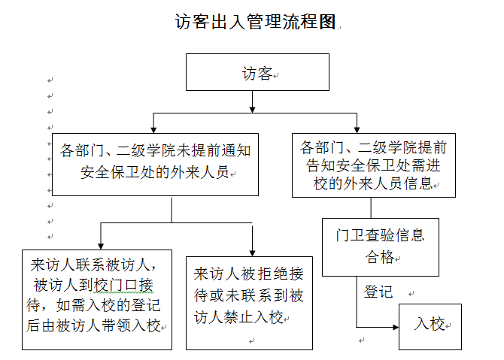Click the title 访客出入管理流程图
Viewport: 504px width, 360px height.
point(254,22)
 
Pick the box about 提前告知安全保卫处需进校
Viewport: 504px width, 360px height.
point(374,165)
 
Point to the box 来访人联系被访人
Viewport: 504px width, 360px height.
point(96,298)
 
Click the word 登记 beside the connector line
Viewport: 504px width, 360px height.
point(378,292)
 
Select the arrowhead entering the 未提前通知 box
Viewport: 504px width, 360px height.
point(153,129)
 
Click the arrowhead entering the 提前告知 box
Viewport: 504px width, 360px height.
point(358,128)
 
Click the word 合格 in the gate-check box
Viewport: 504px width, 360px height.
point(380,257)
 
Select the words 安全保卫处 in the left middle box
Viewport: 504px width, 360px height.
point(124,174)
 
